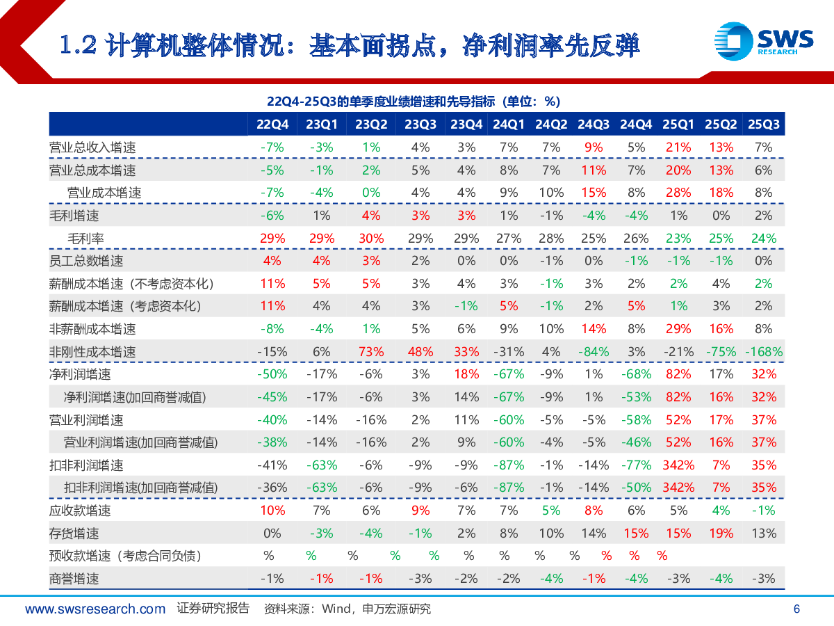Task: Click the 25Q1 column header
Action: (678, 125)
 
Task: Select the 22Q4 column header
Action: (272, 125)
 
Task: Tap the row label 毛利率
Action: (85, 239)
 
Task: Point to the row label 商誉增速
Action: (74, 579)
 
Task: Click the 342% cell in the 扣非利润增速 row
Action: (678, 465)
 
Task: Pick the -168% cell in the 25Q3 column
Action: (763, 352)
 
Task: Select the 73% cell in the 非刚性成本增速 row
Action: (370, 352)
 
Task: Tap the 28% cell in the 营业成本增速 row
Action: (678, 193)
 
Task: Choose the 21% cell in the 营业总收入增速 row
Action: (678, 147)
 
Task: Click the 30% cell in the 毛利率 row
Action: (370, 239)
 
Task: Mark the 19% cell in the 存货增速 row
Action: (721, 533)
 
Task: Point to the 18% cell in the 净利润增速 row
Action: (466, 374)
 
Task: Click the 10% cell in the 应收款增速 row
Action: (272, 511)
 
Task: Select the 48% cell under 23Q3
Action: (420, 352)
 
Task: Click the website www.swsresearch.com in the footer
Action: (95, 609)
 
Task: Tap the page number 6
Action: (796, 609)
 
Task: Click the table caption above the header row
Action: (413, 102)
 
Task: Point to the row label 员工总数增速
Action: (86, 261)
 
